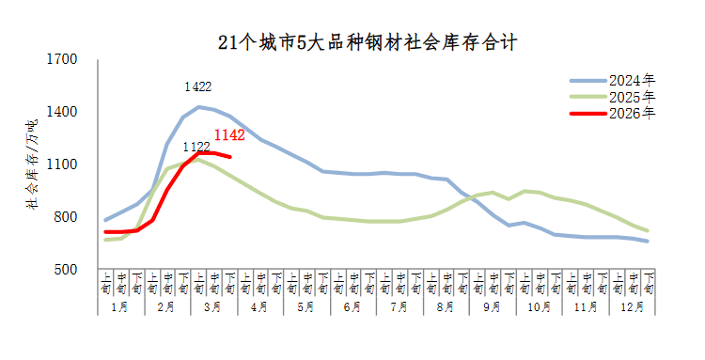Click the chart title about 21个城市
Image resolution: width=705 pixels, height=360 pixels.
368,42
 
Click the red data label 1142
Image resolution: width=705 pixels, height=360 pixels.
230,135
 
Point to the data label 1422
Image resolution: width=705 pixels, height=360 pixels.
197,86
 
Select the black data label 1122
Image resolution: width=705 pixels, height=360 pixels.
196,146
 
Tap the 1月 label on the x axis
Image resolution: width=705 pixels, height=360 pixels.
120,307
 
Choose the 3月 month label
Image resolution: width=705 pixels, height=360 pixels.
213,307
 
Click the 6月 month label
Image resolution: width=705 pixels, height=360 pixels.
352,307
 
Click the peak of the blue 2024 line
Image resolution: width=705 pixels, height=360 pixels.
198,106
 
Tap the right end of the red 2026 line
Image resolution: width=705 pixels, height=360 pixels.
229,156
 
